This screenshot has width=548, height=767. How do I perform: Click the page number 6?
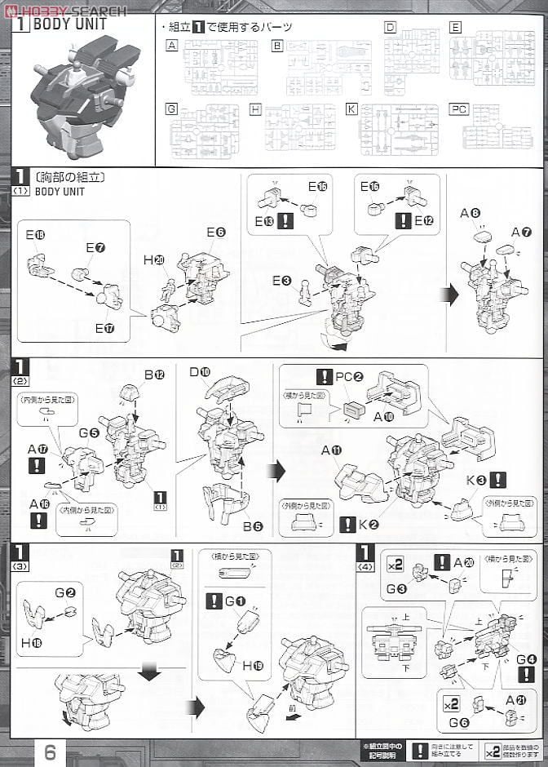point(50,751)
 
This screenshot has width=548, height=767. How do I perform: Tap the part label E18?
point(35,235)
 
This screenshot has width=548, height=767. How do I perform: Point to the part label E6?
point(215,233)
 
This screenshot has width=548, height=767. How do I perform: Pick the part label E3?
point(282,282)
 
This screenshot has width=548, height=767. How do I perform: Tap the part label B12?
point(154,375)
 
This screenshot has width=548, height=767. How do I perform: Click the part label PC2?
point(349,379)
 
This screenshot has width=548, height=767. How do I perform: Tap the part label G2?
point(65,592)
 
